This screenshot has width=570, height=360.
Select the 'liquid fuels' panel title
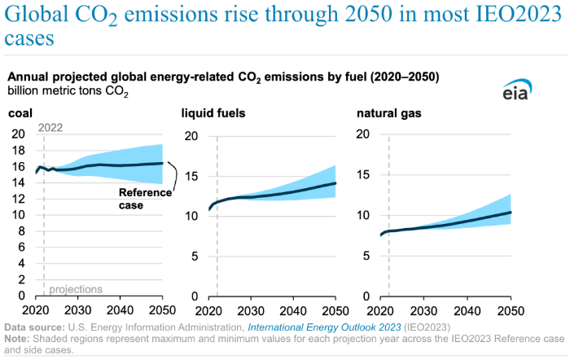click(213, 113)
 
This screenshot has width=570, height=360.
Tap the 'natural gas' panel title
click(389, 113)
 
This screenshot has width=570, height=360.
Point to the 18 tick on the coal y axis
click(19, 151)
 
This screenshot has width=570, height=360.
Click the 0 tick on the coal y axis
click(22, 295)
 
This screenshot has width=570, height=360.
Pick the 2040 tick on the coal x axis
click(120, 310)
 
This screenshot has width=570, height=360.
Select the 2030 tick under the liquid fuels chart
click(251, 310)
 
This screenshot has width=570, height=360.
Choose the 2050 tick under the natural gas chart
click(511, 310)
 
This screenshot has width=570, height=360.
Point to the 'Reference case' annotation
click(146, 199)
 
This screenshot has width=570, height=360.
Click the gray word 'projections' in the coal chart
click(76, 289)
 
